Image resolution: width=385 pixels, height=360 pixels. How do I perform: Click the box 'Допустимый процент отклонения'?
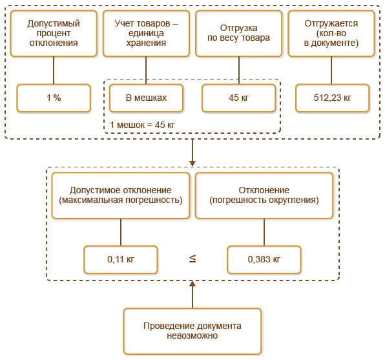click(x=53, y=33)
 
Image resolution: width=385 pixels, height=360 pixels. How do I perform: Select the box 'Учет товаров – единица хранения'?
click(x=147, y=33)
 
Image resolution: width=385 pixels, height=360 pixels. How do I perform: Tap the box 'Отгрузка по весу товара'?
click(x=239, y=33)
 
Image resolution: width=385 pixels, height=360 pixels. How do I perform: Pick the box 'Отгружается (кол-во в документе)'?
click(x=331, y=33)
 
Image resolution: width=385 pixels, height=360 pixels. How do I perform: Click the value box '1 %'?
click(x=53, y=98)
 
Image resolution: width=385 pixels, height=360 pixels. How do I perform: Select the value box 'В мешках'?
click(x=147, y=98)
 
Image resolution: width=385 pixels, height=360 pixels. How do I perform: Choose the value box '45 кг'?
click(x=239, y=98)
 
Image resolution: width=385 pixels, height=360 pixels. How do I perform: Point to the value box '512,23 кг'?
click(x=331, y=98)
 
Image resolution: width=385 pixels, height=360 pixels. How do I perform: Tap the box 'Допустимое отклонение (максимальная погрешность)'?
click(x=121, y=195)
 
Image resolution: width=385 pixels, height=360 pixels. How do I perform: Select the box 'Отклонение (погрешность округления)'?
click(x=264, y=195)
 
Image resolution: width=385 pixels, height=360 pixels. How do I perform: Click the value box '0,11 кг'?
click(x=121, y=259)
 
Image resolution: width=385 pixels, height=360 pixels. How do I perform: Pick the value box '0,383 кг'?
click(x=264, y=259)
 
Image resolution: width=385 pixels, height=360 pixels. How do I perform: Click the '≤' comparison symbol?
click(x=192, y=259)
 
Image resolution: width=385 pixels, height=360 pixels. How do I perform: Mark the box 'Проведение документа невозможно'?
click(x=192, y=331)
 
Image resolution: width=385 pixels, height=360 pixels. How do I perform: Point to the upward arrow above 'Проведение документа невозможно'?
click(x=192, y=294)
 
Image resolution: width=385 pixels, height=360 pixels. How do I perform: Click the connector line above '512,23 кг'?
click(x=331, y=70)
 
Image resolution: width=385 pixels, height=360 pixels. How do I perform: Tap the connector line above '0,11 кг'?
click(x=121, y=231)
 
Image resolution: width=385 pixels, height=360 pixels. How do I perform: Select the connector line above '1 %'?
click(x=53, y=70)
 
